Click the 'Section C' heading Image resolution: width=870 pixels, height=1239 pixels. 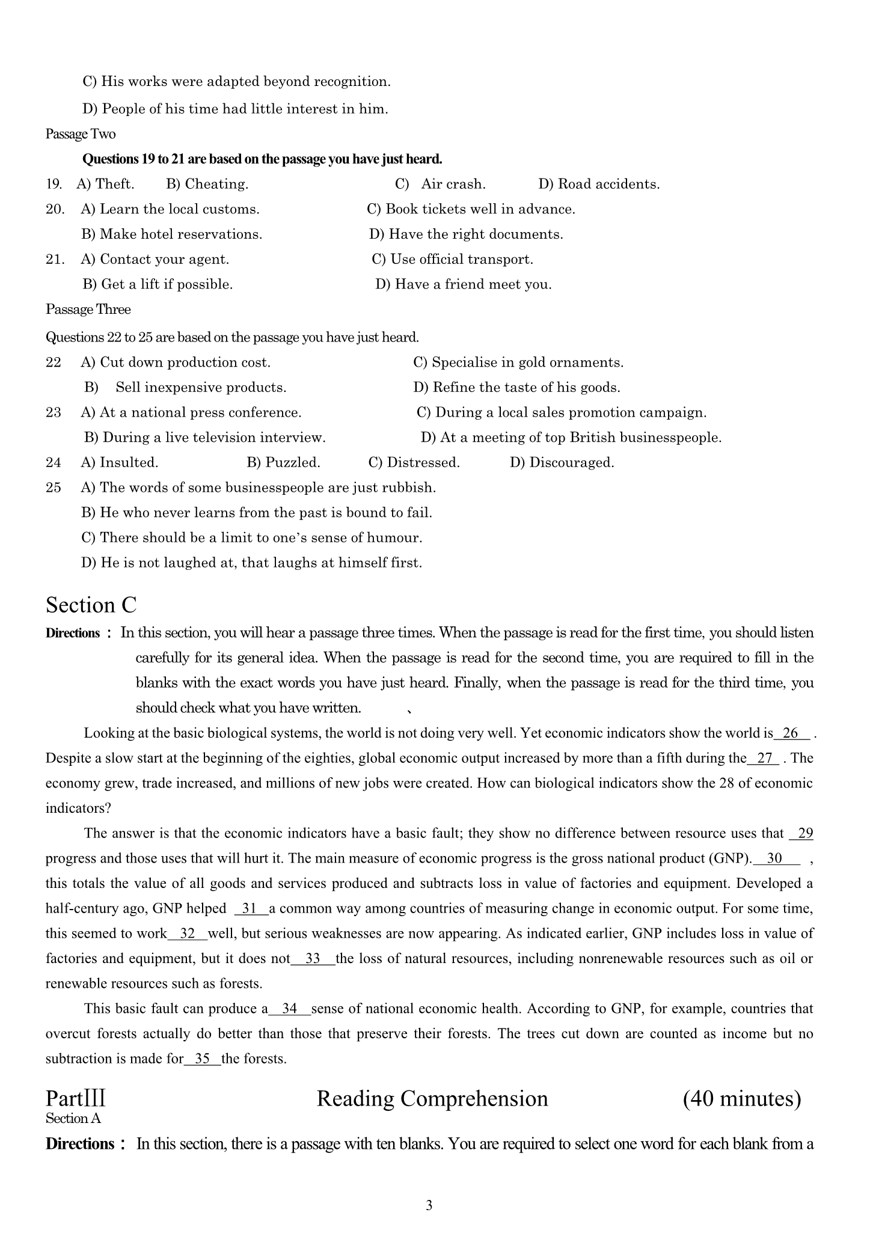[x=91, y=605]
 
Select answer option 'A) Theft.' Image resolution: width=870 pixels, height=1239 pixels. [x=105, y=184]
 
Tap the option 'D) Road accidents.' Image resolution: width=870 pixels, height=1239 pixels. [x=599, y=184]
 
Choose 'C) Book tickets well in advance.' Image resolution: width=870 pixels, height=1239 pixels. [x=471, y=209]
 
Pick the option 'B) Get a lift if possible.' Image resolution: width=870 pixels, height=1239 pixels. [x=158, y=284]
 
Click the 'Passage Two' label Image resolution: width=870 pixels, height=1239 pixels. [x=81, y=133]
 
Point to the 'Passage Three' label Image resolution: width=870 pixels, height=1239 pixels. [x=88, y=310]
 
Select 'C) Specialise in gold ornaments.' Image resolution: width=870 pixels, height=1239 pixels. [x=518, y=363]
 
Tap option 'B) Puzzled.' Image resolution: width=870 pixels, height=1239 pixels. [x=283, y=462]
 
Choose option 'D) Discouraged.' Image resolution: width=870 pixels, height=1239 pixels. [x=562, y=462]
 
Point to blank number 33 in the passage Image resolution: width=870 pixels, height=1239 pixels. [x=313, y=958]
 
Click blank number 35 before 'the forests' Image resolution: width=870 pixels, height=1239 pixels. [x=203, y=1059]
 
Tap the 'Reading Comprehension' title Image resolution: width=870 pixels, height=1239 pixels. [x=432, y=1098]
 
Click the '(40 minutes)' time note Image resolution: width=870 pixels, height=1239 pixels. [x=742, y=1098]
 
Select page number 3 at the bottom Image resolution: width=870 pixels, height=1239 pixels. [x=429, y=1205]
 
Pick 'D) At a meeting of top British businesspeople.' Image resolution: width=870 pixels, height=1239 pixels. [x=571, y=438]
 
